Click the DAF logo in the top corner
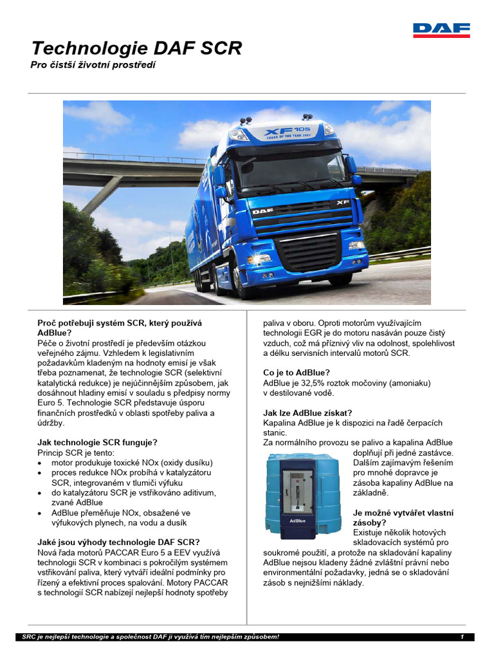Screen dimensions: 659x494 [x=441, y=30]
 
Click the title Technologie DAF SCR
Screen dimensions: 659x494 [x=136, y=48]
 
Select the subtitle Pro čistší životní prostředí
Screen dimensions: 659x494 [x=94, y=65]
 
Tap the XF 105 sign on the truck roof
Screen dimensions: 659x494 [x=287, y=133]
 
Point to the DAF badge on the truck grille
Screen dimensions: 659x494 [x=262, y=210]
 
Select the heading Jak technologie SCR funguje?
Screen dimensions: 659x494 [x=97, y=443]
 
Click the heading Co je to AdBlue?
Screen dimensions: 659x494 [x=297, y=373]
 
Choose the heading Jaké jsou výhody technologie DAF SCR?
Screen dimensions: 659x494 [x=118, y=542]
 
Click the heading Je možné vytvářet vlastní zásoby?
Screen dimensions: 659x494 [x=403, y=517]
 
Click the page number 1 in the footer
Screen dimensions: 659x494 [x=462, y=637]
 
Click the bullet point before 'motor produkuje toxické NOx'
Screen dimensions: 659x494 [x=41, y=463]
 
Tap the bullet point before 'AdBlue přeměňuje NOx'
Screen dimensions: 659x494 [x=41, y=514]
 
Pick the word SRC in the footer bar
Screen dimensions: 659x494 [x=29, y=637]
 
